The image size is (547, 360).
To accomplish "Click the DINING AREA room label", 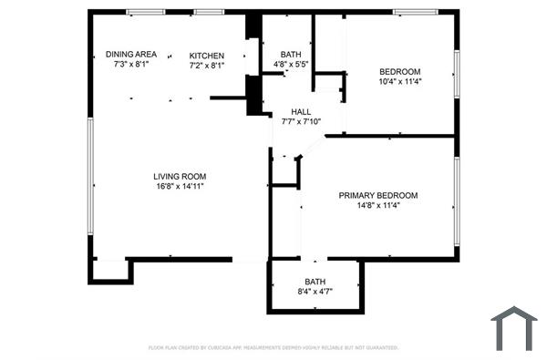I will tap(131, 55).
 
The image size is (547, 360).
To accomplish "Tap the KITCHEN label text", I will tap(206, 55).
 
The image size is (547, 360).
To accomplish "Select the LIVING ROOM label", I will tap(180, 176).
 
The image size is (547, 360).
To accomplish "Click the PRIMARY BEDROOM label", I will tap(378, 195).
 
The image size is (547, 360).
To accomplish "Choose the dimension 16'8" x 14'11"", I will tap(180, 186).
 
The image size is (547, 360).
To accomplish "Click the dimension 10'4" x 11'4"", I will tap(400, 82).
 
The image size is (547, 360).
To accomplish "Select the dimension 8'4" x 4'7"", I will tap(315, 292).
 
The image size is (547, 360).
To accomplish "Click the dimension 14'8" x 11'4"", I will tap(378, 205).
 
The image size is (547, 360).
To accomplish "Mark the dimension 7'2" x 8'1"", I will tap(206, 65).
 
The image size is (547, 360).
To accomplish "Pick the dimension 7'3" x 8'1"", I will tap(131, 65).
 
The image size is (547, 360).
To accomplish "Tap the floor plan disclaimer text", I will tap(273, 347).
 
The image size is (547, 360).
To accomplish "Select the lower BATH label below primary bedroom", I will tap(315, 282).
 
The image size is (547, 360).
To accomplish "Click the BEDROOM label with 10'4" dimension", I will tap(400, 72).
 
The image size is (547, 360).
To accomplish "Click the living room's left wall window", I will tap(89, 177).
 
